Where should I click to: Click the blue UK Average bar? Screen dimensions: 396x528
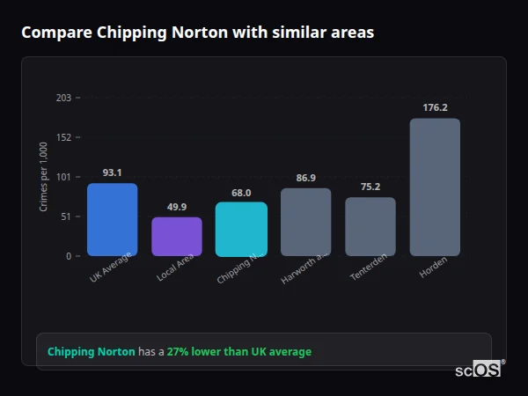pos(112,219)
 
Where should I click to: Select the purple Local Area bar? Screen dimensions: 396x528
pos(177,237)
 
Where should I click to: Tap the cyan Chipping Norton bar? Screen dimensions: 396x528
pos(241,229)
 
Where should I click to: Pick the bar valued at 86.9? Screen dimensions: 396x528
pos(305,222)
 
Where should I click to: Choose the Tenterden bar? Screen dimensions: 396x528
pos(370,226)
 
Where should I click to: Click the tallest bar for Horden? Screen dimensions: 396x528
pos(435,187)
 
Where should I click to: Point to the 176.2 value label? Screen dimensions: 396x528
pos(435,107)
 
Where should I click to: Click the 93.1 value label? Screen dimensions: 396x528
pos(112,172)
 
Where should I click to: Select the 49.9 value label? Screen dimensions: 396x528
pos(177,207)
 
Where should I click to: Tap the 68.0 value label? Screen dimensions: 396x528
pos(241,192)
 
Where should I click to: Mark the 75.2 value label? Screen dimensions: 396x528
pos(370,187)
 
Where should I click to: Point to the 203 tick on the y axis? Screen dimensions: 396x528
pos(63,98)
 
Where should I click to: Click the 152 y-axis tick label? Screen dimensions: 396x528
pos(63,137)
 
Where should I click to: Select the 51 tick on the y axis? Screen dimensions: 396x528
pos(65,216)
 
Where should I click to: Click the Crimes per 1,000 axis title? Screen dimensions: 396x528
pos(43,177)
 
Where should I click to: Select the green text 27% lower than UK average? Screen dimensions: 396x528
pos(238,352)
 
